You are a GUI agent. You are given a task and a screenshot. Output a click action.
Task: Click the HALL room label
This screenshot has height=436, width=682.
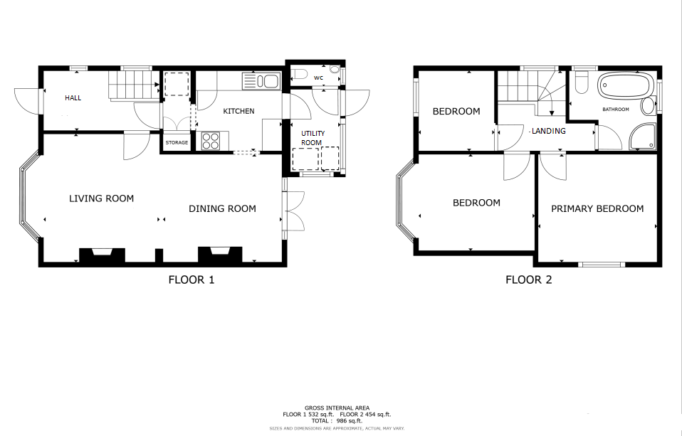73,98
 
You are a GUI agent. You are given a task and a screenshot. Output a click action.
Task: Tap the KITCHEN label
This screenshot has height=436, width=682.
238,111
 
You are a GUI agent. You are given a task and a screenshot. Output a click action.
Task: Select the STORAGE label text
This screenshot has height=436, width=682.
177,142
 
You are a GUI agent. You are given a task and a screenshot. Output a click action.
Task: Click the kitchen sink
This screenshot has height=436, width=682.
261,81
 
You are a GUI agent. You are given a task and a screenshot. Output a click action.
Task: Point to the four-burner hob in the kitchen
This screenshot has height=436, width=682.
211,141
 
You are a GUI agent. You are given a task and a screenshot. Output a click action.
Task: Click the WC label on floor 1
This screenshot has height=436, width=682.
318,78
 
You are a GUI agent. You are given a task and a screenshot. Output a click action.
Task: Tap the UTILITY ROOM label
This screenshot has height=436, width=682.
313,138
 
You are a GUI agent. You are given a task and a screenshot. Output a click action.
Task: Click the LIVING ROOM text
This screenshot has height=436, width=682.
101,198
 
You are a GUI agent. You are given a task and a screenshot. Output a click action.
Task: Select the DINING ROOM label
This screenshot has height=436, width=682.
222,208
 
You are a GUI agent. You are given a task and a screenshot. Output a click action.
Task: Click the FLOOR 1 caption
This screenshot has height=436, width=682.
192,280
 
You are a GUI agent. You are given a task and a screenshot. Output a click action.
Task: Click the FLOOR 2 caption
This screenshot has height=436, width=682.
528,280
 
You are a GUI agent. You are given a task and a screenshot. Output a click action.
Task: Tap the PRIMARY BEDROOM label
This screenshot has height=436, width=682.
597,208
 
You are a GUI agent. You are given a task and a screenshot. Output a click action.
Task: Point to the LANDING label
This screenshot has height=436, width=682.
548,131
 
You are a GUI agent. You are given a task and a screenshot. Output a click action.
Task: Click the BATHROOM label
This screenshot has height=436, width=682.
616,110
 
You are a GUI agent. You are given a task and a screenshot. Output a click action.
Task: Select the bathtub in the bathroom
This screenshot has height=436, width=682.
626,85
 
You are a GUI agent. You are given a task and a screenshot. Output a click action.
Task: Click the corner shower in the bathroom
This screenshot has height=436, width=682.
642,137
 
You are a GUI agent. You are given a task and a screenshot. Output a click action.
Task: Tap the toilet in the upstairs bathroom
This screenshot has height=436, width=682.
581,82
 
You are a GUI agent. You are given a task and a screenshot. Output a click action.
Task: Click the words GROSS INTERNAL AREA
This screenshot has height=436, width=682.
337,408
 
